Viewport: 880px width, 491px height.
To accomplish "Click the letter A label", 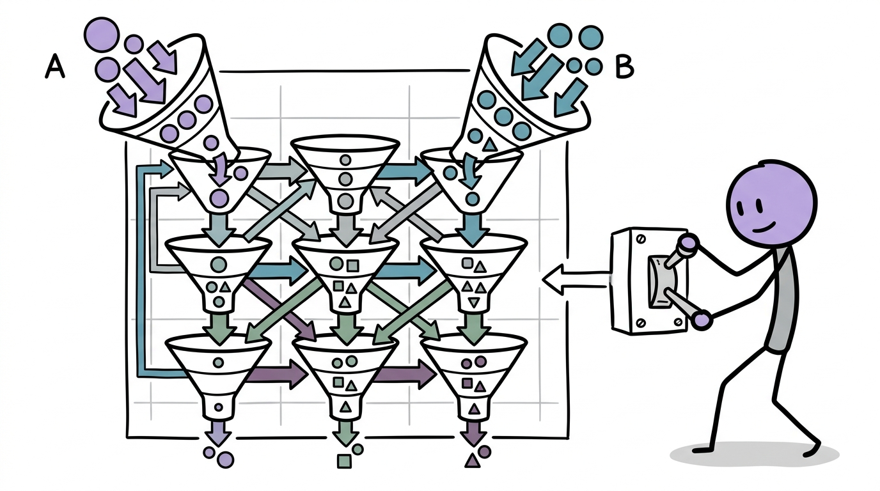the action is point(54,66).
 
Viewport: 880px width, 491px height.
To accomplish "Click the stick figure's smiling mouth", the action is point(764,228).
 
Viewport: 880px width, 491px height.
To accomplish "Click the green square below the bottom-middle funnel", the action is point(344,461).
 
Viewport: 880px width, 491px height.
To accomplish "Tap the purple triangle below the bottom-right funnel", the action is point(472,460).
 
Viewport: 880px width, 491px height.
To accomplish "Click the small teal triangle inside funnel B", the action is point(489,146).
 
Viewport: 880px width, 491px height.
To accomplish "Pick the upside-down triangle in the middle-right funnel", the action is point(474,302).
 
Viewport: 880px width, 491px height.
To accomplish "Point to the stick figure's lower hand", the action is point(700,320).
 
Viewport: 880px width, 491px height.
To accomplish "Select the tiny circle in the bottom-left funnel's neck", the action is point(219,407).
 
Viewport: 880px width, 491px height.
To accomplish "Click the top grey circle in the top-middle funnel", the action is point(345,160).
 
